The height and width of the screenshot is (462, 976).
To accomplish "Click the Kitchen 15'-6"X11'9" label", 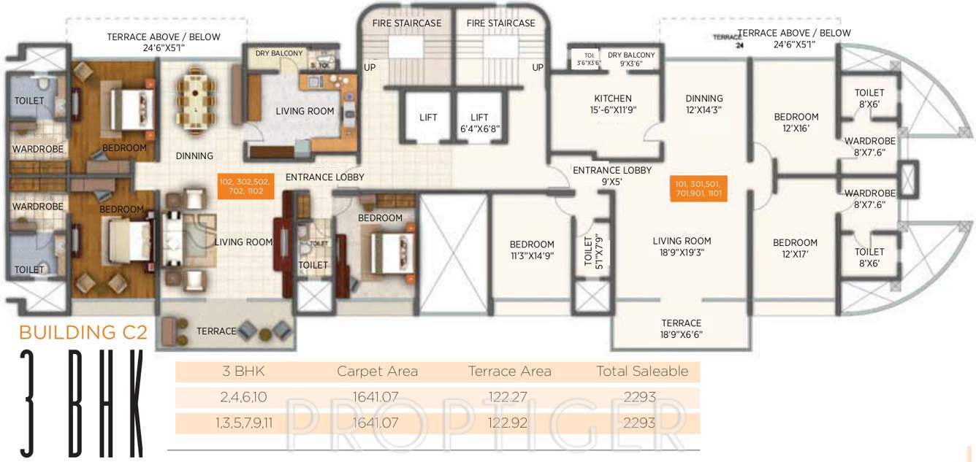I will point(612,104).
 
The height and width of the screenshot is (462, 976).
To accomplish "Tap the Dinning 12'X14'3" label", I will point(704,104).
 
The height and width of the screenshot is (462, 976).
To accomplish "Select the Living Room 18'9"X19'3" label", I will point(682,247).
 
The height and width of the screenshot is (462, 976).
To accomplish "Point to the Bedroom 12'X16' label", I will point(796,123).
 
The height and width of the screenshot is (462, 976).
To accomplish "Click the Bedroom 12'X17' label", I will point(795,249).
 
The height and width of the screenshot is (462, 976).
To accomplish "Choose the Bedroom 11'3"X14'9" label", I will point(531,250).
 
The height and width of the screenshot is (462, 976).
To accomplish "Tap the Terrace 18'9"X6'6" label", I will point(681,329).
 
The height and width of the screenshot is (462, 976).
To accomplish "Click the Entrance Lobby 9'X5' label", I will point(611,176).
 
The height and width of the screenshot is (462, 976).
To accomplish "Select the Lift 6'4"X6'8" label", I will point(479,123).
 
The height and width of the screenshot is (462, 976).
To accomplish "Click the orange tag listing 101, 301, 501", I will point(698,189).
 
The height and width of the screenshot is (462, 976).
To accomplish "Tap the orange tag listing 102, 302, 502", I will point(245,187).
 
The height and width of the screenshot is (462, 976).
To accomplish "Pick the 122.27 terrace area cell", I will point(509,398).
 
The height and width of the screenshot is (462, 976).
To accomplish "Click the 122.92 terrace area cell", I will point(509,423).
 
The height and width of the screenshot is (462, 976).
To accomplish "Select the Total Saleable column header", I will point(641,371).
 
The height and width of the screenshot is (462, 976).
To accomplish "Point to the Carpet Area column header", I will point(377,371).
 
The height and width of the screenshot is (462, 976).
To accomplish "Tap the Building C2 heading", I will point(83,333).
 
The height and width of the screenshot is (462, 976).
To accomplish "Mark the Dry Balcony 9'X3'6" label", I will point(631,59).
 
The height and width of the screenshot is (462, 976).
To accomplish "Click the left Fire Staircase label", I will point(407,23).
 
